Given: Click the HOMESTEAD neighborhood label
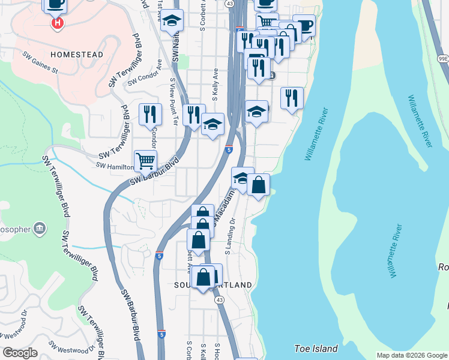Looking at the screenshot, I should point(77,55).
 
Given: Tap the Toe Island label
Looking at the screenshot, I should point(316,349).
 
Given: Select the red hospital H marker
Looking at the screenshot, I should point(57,23).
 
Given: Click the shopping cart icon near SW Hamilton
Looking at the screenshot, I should point(145,161).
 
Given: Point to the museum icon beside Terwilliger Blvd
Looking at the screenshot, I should point(40,227).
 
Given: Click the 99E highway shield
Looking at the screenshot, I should point(443,58).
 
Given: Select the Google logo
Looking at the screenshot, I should point(20,353).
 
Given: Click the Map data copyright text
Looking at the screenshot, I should point(412,355).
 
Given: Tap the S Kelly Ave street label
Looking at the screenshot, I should point(214,84).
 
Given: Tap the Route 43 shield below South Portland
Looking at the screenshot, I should point(220,299).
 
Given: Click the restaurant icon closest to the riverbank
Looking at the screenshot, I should point(292,98).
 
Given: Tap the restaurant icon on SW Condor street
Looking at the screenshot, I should point(150,114).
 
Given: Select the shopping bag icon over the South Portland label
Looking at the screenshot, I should point(204,277).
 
